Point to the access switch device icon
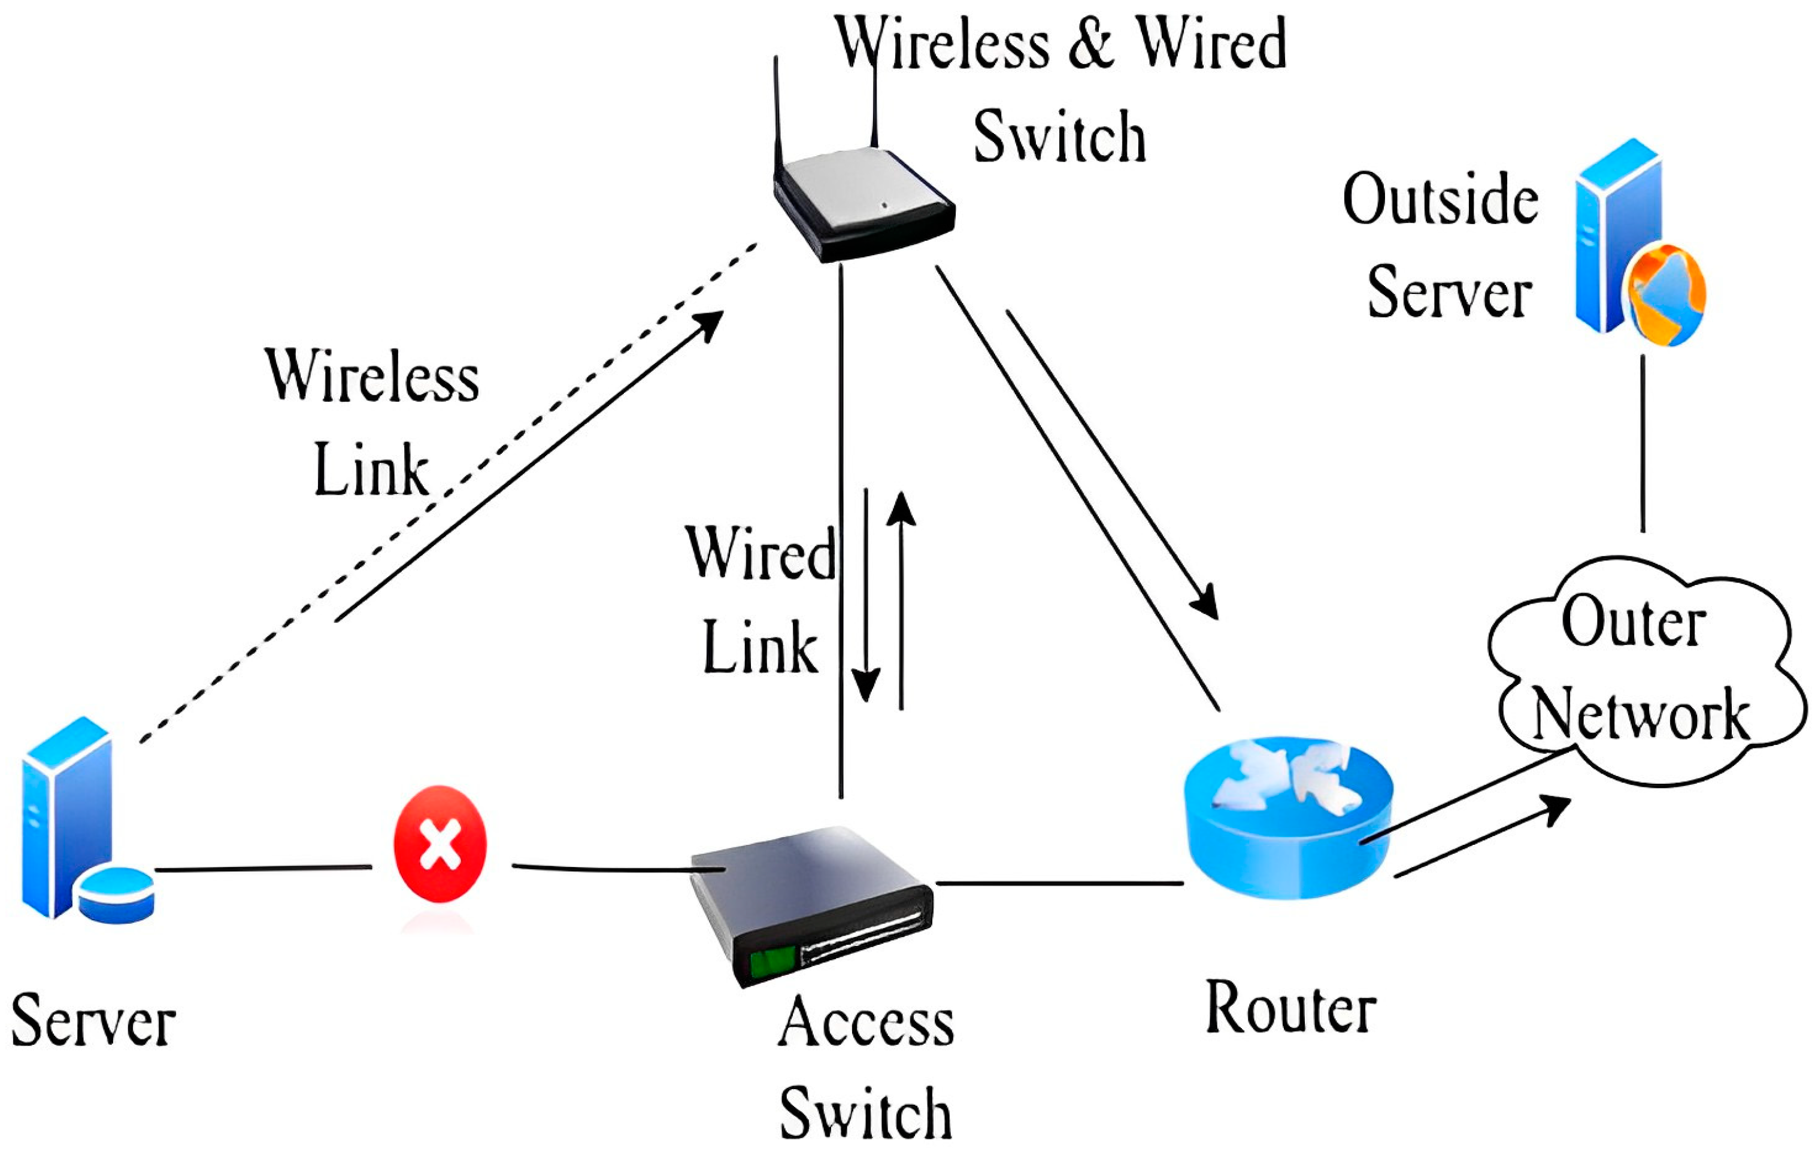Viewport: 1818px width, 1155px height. [811, 902]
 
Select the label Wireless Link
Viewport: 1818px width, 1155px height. [371, 423]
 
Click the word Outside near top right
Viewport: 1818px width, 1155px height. [1440, 200]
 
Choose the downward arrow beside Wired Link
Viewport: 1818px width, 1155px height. [866, 596]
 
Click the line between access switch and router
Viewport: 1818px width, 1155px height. [1057, 883]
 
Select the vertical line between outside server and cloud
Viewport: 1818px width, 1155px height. [1643, 445]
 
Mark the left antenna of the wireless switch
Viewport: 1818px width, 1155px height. [777, 113]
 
